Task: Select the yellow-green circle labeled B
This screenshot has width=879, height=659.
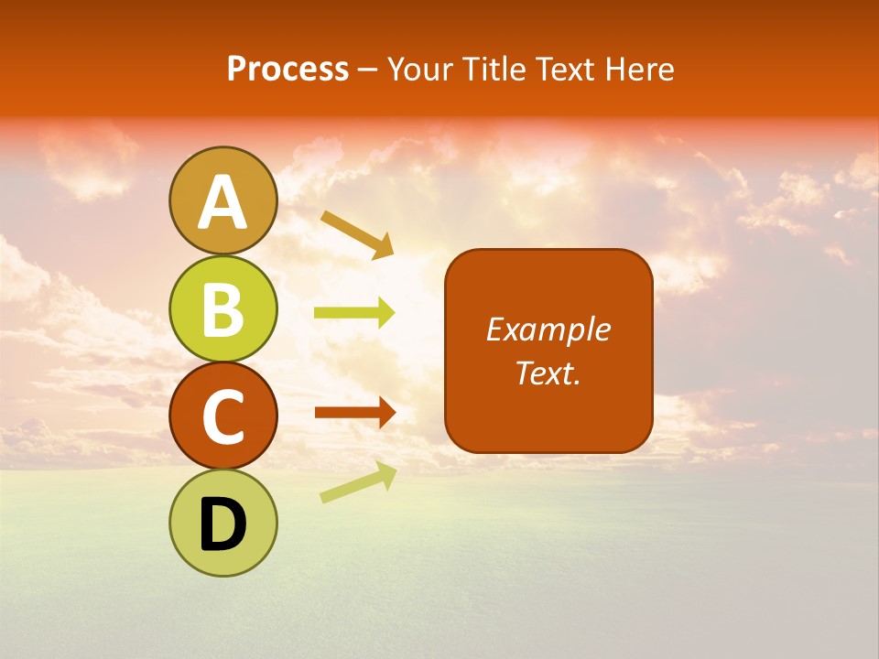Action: pyautogui.click(x=223, y=309)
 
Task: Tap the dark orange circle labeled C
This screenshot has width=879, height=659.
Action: pyautogui.click(x=223, y=416)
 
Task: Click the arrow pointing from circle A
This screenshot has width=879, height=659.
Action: pyautogui.click(x=357, y=232)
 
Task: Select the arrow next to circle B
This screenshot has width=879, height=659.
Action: pyautogui.click(x=354, y=313)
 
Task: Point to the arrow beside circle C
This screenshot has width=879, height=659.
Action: pyautogui.click(x=354, y=413)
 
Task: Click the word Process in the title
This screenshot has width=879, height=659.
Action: pyautogui.click(x=288, y=69)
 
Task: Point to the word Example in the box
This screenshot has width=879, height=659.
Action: pyautogui.click(x=548, y=329)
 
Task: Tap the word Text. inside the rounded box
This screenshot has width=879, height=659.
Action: pyautogui.click(x=548, y=373)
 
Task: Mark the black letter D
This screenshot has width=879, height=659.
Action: pyautogui.click(x=223, y=524)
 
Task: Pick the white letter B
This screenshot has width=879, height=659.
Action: pyautogui.click(x=223, y=309)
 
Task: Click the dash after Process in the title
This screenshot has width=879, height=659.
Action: pyautogui.click(x=367, y=70)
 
